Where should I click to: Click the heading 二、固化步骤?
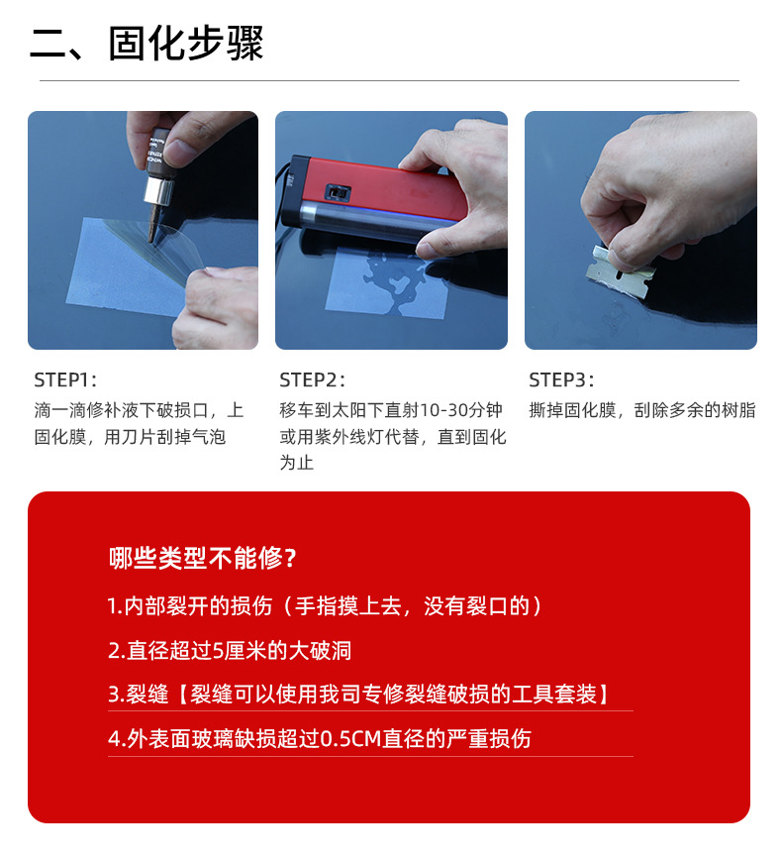(x=147, y=44)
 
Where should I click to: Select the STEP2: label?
(x=312, y=379)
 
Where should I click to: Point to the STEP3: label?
(x=561, y=379)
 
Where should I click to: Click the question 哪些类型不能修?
(x=203, y=558)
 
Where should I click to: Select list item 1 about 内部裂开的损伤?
(x=326, y=606)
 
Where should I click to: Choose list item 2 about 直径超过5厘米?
(x=230, y=651)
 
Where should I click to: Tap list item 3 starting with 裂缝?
(x=357, y=695)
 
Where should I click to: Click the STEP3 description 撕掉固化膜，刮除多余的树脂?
(x=642, y=410)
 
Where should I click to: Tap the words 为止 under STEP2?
(x=296, y=462)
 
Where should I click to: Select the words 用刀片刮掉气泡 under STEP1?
(x=164, y=436)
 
